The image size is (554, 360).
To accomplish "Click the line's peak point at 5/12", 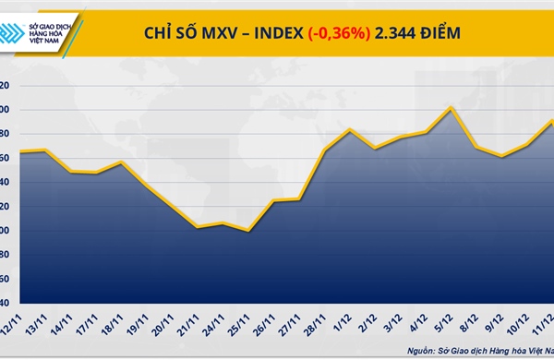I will [x=451, y=107].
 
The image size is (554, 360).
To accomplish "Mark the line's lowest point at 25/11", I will [x=248, y=231].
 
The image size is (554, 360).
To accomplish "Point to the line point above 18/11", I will [x=122, y=162].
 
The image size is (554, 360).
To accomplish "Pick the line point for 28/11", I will [x=324, y=150].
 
